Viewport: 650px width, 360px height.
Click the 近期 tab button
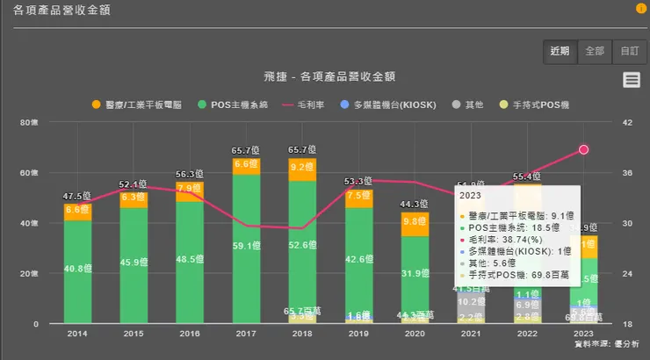(560, 51)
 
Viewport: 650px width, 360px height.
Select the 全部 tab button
(594, 51)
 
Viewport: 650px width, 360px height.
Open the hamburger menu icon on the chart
(631, 80)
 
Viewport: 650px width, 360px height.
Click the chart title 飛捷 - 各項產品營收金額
(329, 77)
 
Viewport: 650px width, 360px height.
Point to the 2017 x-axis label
(246, 334)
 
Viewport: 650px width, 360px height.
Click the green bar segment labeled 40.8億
(77, 270)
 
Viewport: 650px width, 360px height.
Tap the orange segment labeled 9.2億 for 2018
(302, 168)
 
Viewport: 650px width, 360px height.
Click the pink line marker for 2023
(583, 150)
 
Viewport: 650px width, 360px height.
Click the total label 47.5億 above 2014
(77, 195)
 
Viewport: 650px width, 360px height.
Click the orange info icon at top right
(640, 9)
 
